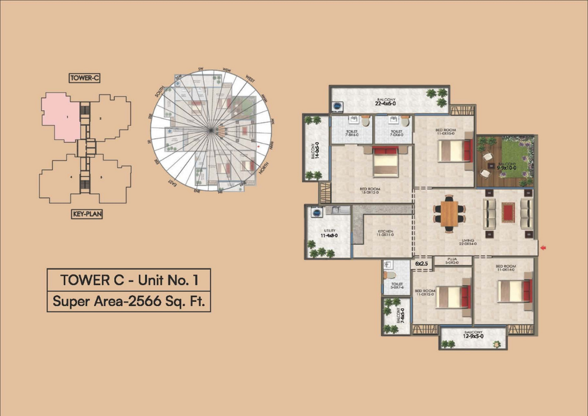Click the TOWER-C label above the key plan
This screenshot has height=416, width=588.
(x=85, y=78)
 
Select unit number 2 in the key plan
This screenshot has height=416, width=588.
(x=101, y=119)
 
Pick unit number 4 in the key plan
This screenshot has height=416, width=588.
(x=71, y=177)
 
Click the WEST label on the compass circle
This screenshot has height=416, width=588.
(x=250, y=80)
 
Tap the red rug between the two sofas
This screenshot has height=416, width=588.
(x=507, y=213)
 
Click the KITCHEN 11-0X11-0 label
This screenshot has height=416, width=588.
(x=386, y=233)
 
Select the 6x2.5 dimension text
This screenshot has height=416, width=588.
(x=421, y=264)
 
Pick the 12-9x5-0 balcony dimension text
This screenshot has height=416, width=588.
(x=473, y=336)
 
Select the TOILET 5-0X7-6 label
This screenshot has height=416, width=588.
(x=397, y=285)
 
